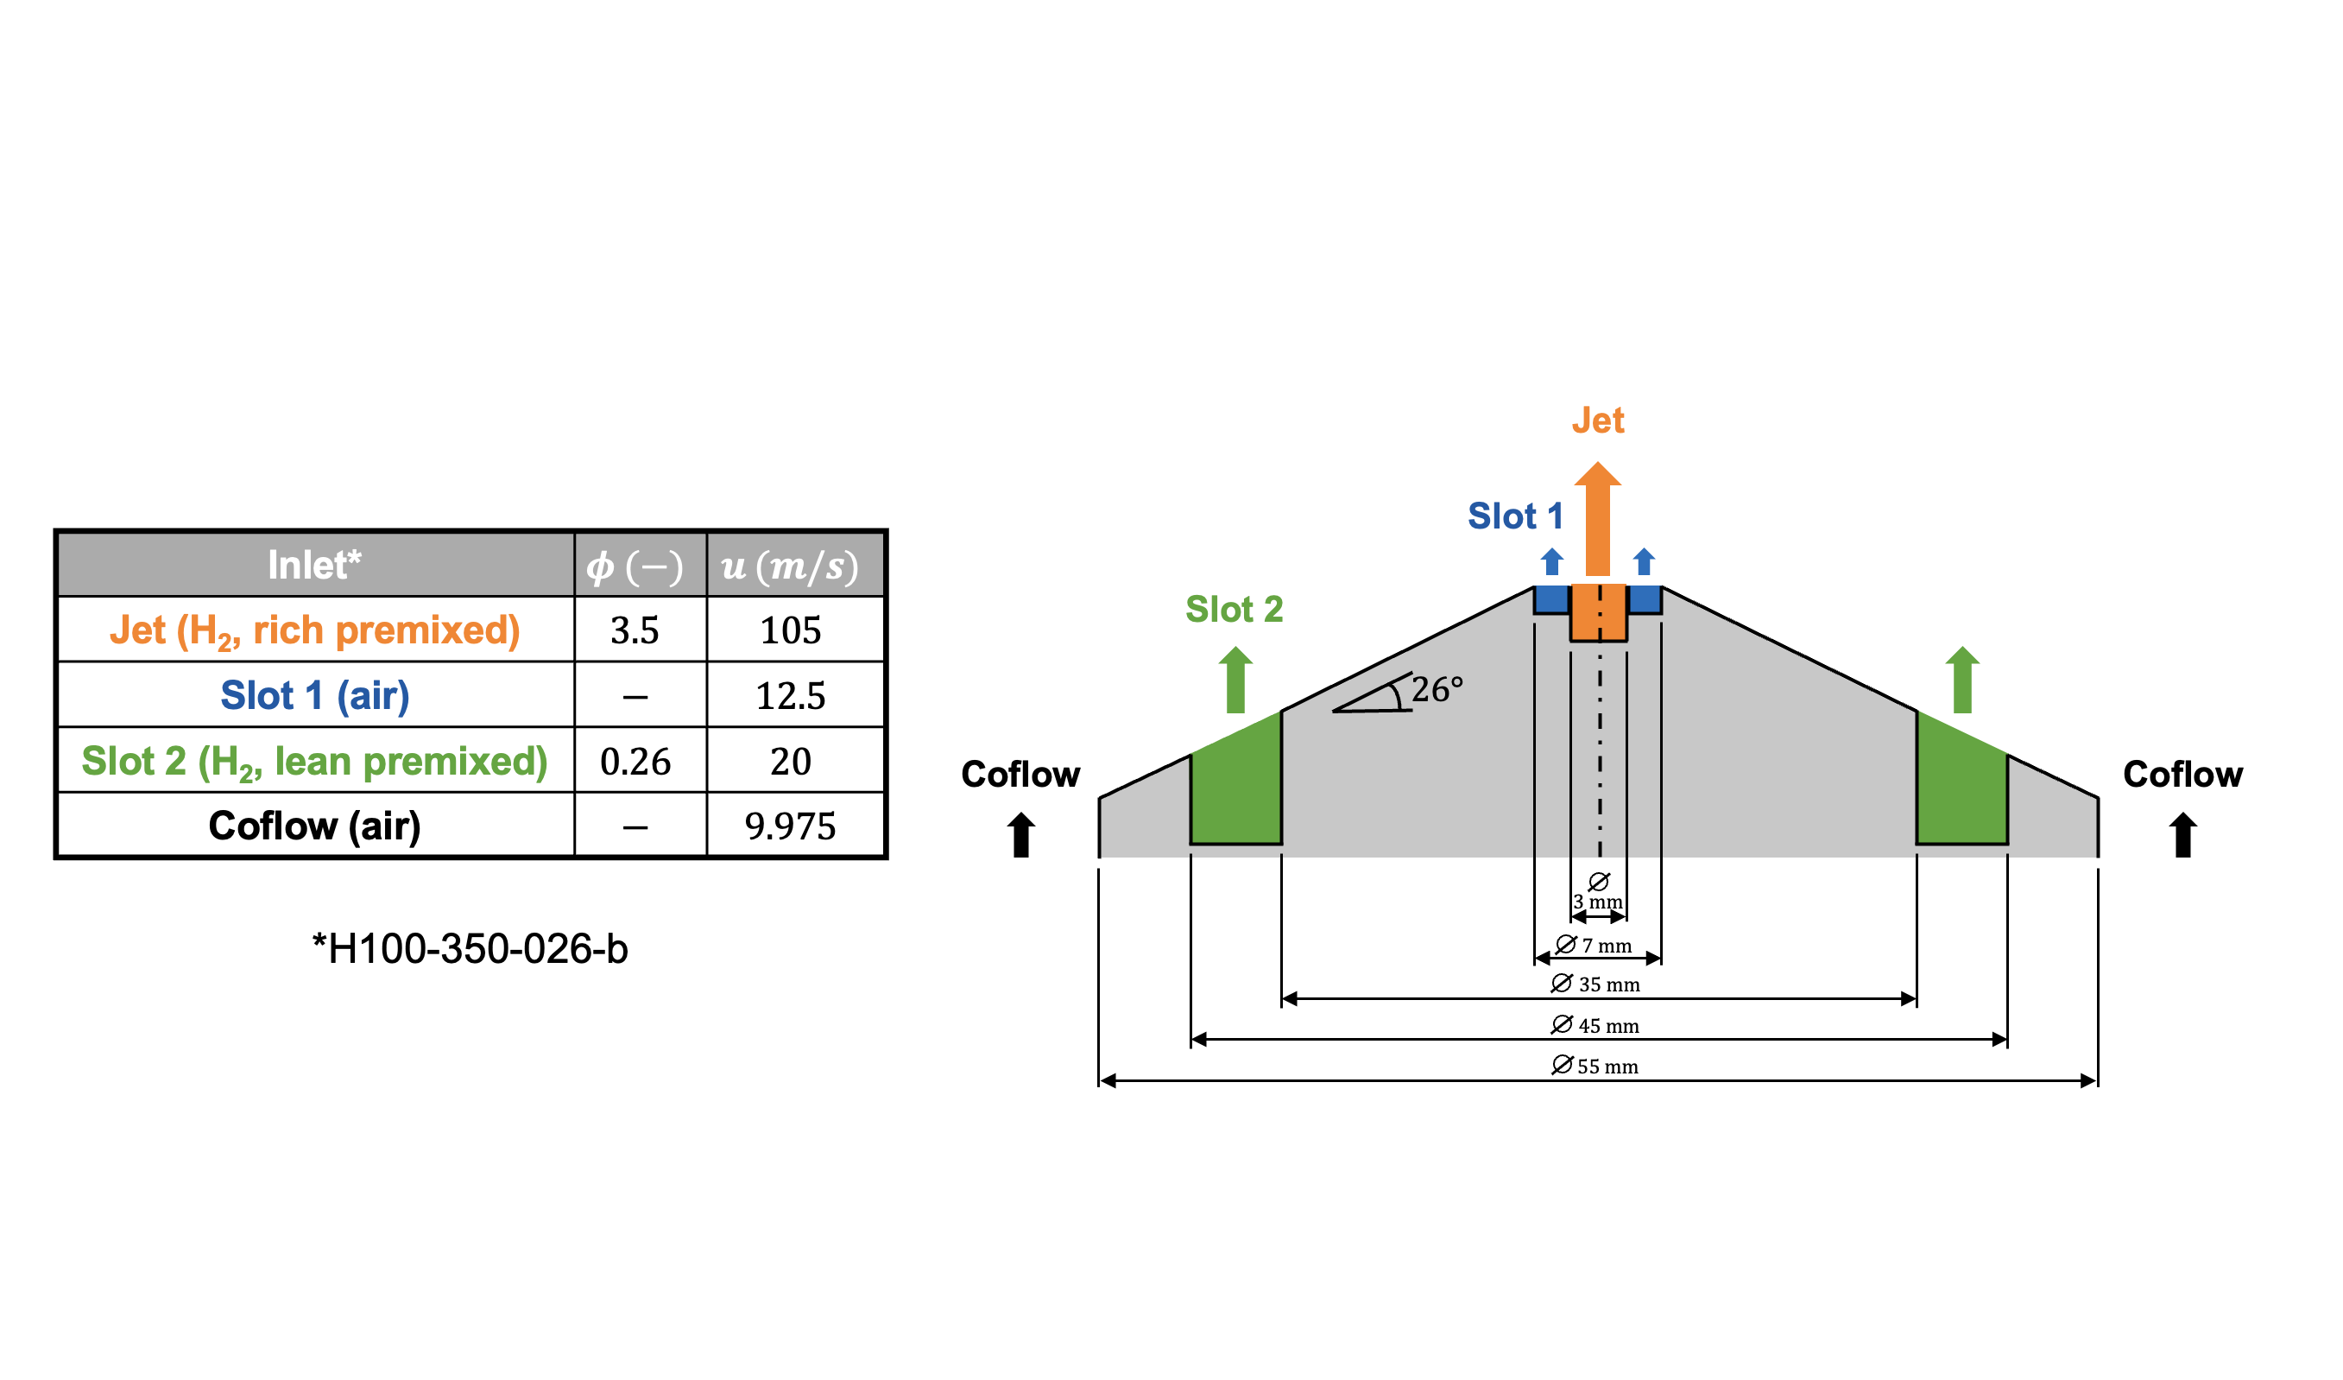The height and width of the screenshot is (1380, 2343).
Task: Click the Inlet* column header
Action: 314,566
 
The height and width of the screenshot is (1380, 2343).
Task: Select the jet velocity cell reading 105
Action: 790,630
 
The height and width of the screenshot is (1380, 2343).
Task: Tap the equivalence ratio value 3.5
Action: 635,630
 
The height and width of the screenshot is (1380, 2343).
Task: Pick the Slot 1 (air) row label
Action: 314,695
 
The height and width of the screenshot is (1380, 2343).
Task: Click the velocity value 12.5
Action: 790,695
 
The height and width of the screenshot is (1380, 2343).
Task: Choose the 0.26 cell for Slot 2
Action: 635,762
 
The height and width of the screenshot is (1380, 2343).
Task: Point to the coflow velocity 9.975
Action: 790,826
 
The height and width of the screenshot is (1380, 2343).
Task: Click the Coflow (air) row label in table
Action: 314,826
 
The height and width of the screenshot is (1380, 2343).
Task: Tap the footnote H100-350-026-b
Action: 470,948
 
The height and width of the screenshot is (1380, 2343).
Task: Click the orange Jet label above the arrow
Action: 1597,421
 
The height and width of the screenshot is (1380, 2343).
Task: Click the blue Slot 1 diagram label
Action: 1514,516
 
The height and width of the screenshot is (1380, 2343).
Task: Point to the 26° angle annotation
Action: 1436,689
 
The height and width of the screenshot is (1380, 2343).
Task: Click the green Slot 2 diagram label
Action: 1234,609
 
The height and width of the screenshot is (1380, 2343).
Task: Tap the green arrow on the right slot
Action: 1963,680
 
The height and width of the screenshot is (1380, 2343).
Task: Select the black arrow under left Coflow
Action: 1021,834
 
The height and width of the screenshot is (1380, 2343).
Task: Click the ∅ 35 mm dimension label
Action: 1595,984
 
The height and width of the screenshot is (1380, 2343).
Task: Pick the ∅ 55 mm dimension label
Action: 1595,1066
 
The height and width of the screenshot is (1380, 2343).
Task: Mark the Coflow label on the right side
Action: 2182,775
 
